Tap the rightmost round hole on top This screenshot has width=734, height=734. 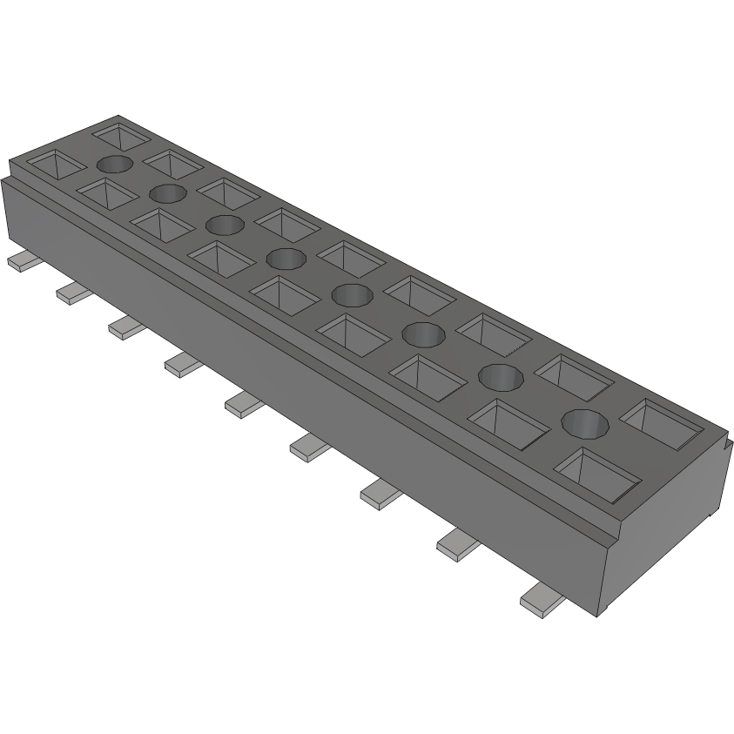point(584,423)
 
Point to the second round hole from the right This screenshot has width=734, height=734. point(502,376)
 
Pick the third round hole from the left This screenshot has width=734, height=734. point(225,225)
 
